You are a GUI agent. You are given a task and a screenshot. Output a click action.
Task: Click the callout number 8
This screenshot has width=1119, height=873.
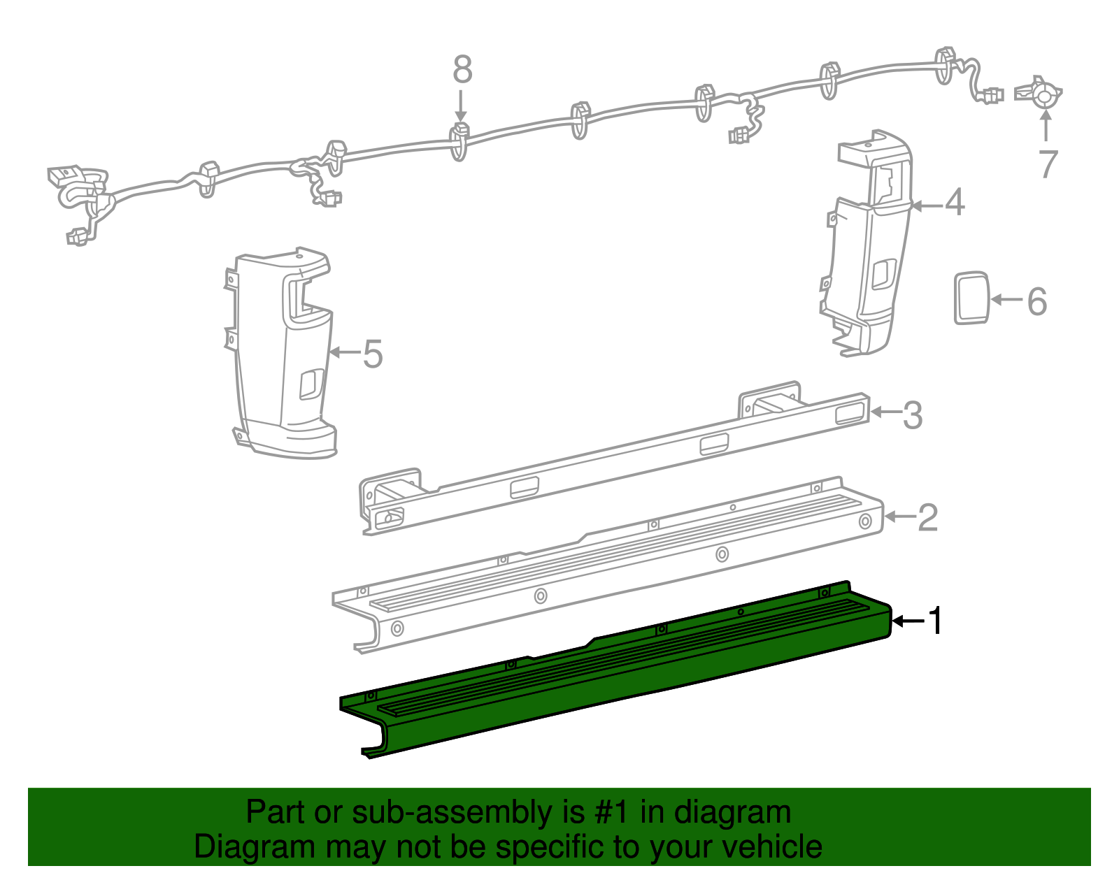462,70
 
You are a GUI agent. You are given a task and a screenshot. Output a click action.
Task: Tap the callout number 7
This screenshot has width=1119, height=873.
1047,165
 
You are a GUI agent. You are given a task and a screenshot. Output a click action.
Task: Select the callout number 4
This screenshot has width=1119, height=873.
955,203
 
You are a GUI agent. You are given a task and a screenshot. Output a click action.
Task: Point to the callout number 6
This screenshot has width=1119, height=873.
1036,301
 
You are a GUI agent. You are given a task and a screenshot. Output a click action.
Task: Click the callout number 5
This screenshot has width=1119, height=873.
373,354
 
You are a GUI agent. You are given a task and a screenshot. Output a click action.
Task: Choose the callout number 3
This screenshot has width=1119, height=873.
913,415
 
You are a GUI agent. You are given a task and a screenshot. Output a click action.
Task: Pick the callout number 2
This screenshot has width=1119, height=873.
927,518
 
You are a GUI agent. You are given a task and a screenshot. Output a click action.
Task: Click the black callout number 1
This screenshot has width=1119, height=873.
935,621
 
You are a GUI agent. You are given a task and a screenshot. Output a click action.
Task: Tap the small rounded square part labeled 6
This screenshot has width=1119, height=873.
971,298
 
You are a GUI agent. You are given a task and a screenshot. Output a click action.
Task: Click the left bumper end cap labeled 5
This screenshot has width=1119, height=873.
283,356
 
